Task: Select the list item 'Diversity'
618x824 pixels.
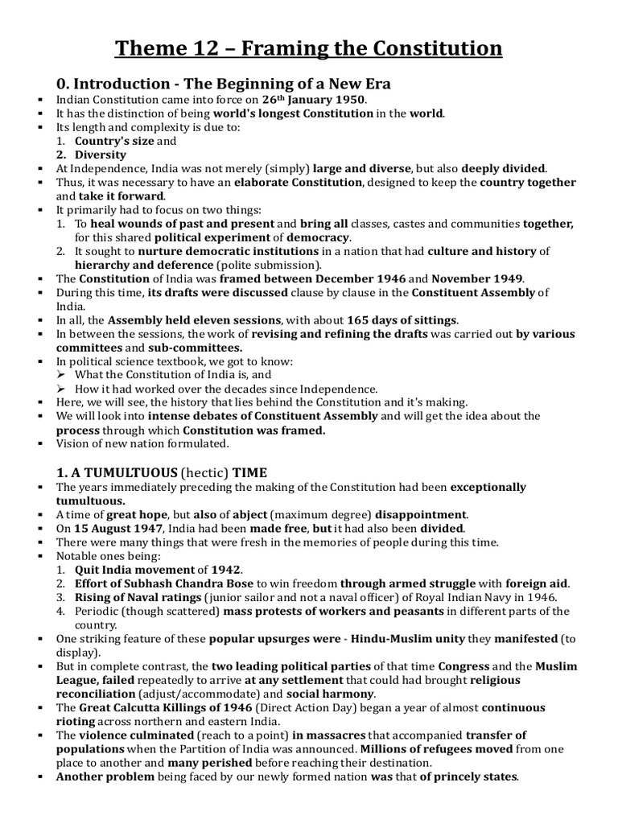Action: (x=101, y=154)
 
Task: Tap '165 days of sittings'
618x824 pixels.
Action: (x=398, y=319)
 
